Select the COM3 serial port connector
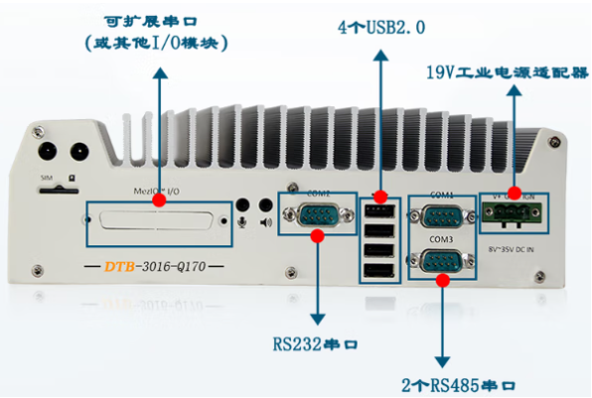pyautogui.click(x=439, y=261)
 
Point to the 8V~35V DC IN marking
pyautogui.click(x=513, y=238)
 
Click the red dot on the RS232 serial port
pyautogui.click(x=317, y=235)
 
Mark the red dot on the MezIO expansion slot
pyautogui.click(x=159, y=200)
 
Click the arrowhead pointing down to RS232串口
pyautogui.click(x=317, y=320)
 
